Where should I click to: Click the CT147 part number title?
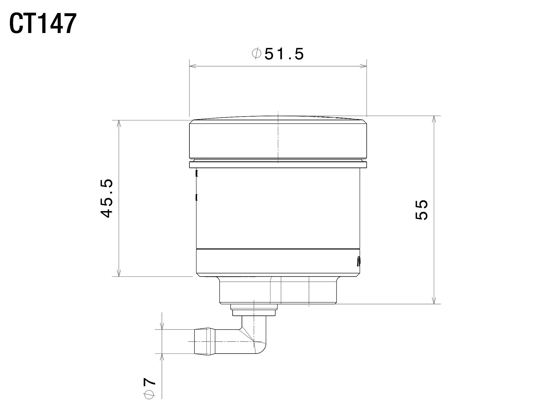(43, 24)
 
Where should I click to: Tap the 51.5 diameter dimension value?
(284, 54)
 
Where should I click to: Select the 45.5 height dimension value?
(107, 198)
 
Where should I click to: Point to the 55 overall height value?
(422, 210)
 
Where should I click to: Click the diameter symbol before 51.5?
(257, 53)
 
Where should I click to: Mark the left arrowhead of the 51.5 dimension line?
(193, 66)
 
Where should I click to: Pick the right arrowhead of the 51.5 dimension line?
(363, 66)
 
